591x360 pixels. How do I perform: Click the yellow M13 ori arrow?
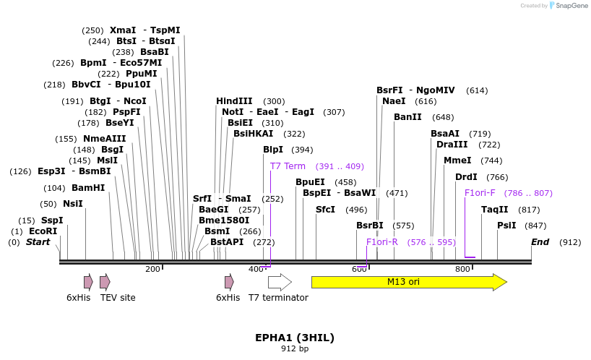[408, 282]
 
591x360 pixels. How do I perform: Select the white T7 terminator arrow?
[279, 282]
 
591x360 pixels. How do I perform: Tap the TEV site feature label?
[118, 298]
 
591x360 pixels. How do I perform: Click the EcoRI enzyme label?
[43, 231]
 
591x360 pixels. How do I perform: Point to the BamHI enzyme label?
[88, 188]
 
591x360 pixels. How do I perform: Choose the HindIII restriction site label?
[234, 101]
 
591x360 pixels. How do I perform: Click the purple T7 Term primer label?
[288, 166]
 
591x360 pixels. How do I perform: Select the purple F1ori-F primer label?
[480, 193]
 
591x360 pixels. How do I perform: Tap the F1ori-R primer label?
[381, 242]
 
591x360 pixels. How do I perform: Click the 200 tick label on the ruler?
[152, 270]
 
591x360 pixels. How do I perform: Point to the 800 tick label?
[462, 270]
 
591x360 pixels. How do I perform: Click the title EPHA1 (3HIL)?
[295, 338]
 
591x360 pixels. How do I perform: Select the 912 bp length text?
[295, 349]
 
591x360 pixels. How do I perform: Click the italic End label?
[540, 242]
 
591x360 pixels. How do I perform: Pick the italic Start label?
[38, 242]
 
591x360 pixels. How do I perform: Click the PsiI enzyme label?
[506, 226]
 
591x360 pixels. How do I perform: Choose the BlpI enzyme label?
[273, 150]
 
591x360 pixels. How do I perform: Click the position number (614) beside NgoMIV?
[477, 90]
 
